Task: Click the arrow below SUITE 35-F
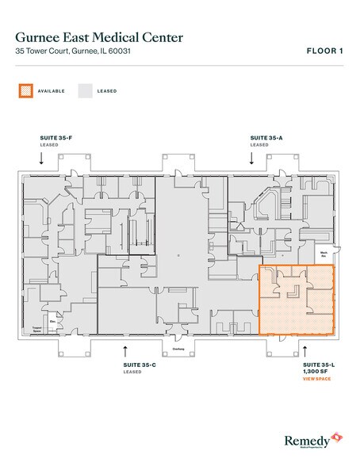40,159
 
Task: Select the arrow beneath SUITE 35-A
251,159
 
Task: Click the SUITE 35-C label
139,365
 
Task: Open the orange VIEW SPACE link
318,380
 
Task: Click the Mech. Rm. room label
324,254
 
